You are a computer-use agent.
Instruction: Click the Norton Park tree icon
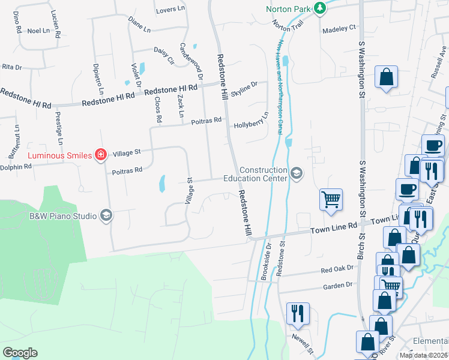click(x=321, y=8)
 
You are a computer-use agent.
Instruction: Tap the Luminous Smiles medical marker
click(x=101, y=155)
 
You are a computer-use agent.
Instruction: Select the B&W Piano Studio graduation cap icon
click(x=106, y=215)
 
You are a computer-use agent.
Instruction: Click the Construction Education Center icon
click(x=296, y=173)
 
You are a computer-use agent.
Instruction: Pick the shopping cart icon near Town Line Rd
click(x=331, y=199)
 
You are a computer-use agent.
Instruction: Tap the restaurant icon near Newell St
click(x=297, y=313)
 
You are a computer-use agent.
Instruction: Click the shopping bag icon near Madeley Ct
click(x=386, y=77)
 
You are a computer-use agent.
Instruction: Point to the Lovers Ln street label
click(x=170, y=10)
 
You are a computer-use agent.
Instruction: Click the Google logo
click(x=20, y=353)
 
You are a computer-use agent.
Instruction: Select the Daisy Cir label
click(x=163, y=55)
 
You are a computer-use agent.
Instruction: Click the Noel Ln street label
click(x=38, y=31)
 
